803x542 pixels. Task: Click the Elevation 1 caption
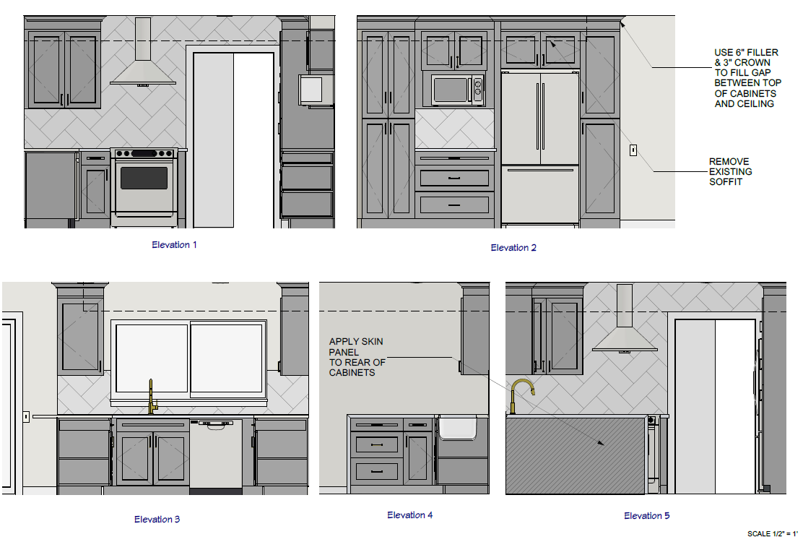(174, 245)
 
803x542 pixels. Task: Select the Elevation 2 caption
(513, 248)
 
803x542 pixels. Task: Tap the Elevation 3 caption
(157, 520)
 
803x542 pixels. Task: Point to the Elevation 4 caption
(409, 515)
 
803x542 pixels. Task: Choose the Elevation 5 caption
(646, 516)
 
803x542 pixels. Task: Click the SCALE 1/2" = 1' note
(772, 534)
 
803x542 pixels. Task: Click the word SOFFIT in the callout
(726, 182)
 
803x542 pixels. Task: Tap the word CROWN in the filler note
(752, 63)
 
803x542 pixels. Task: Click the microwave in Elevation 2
(457, 90)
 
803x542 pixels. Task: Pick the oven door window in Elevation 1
(144, 178)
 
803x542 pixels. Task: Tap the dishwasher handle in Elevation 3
(216, 424)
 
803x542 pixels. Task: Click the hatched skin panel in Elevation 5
(575, 455)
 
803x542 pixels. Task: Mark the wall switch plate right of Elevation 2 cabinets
(633, 150)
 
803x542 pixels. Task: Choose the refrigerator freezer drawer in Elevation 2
(540, 194)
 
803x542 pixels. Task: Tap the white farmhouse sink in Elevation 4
(457, 428)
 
